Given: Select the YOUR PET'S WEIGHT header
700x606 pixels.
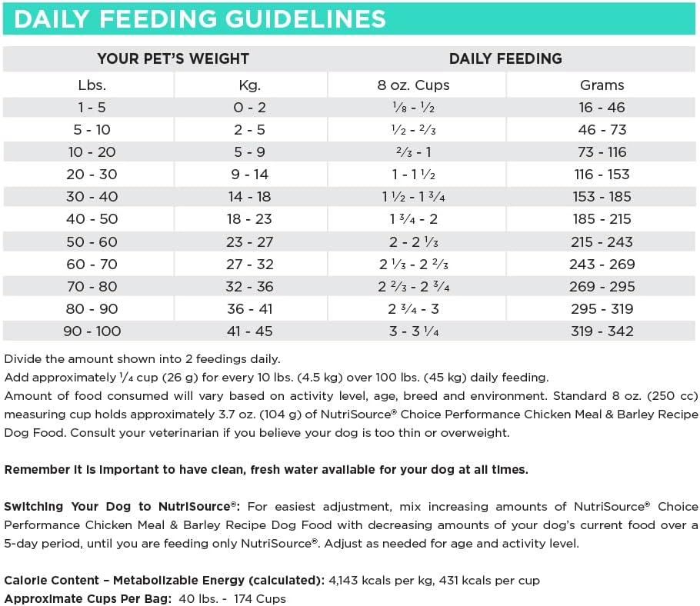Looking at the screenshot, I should tap(173, 58).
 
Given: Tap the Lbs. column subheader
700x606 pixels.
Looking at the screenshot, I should tap(92, 85).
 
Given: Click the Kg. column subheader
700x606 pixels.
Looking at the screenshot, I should tap(251, 85).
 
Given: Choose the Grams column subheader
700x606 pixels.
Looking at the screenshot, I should tap(602, 85).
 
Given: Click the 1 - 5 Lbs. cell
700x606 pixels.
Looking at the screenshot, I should tap(92, 108).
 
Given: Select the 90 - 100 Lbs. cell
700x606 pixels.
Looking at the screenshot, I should tap(92, 331).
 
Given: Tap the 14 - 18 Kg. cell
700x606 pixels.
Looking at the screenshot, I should tap(251, 197).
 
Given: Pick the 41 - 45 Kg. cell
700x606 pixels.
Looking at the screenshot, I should tap(251, 331).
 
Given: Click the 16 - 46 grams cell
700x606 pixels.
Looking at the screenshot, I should tap(602, 108).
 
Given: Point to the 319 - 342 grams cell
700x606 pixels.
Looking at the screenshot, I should tap(602, 331).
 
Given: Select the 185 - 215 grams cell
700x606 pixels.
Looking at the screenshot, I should tap(602, 219).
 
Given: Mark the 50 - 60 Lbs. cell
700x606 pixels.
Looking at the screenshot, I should tap(92, 241).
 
